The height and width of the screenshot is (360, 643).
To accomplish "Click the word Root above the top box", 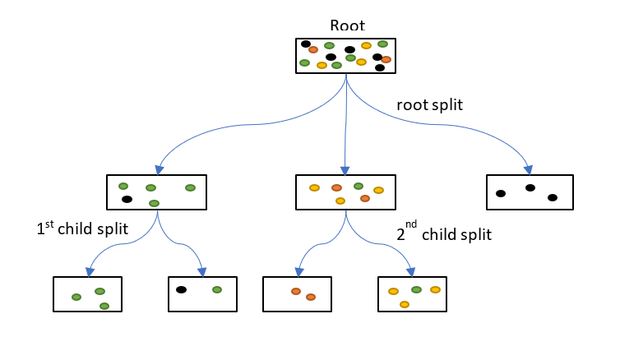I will pyautogui.click(x=346, y=25).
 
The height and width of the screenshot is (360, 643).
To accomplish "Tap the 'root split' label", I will pyautogui.click(x=429, y=105).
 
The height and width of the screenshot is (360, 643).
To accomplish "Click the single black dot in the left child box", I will pyautogui.click(x=127, y=199).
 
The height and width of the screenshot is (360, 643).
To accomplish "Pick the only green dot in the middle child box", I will pyautogui.click(x=359, y=187).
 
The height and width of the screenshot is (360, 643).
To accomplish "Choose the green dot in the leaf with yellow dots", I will pyautogui.click(x=416, y=289).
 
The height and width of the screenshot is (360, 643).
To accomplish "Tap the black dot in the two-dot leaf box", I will pyautogui.click(x=181, y=289).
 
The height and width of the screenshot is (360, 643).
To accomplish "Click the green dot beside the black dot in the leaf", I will pyautogui.click(x=217, y=289).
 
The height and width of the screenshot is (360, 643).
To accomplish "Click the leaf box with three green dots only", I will pyautogui.click(x=88, y=293).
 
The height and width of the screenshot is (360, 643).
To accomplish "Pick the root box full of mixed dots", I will pyautogui.click(x=346, y=56).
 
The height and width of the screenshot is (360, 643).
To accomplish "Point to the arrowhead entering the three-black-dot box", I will pyautogui.click(x=529, y=169).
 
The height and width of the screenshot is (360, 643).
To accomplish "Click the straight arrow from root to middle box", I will pyautogui.click(x=345, y=123).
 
